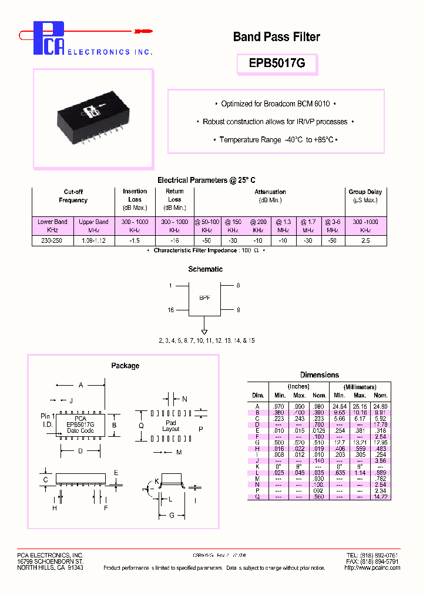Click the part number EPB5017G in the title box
coord(276,63)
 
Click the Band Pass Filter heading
coord(276,37)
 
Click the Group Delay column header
coord(365,196)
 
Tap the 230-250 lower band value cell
coord(52,240)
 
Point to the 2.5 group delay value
coord(365,240)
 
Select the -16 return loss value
coord(174,240)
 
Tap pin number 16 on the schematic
coord(171,309)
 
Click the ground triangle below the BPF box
coord(204,324)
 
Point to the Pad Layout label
coord(170,426)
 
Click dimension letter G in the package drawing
coord(172,516)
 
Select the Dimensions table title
coord(319,375)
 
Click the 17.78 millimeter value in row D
coord(381,424)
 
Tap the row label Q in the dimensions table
coord(256,497)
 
